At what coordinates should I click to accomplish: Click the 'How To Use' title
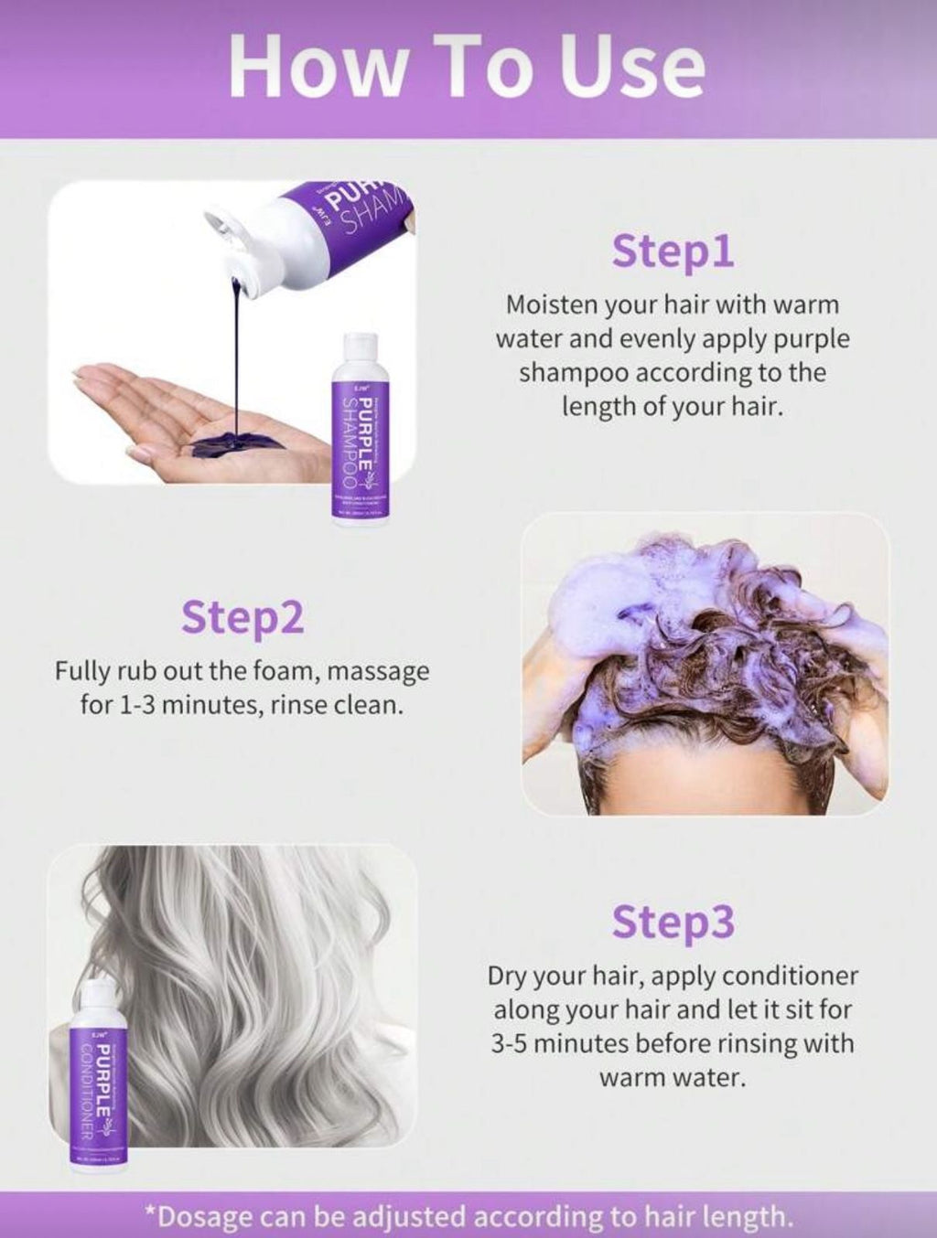(x=468, y=66)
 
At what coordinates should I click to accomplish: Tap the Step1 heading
(x=673, y=251)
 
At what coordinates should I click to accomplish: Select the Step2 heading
(x=242, y=617)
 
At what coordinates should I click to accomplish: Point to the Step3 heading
(x=673, y=922)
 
